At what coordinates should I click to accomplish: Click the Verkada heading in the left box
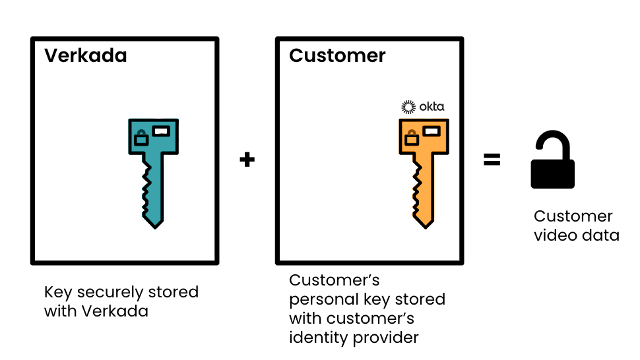pos(85,55)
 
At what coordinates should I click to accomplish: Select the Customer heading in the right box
pos(337,55)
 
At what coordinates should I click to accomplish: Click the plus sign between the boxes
pos(247,160)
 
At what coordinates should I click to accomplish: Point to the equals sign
pos(492,160)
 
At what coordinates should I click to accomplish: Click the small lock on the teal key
pos(141,138)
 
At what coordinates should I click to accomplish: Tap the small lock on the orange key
pos(411,137)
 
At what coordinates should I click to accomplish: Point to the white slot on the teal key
pos(161,131)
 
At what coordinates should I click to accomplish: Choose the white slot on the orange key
pos(432,131)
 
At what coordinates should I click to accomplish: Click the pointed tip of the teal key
pos(154,225)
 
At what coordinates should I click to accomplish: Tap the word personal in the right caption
pos(321,299)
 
